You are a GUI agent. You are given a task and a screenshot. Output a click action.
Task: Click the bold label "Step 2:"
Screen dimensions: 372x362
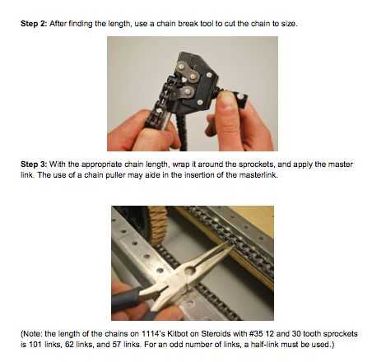(34, 24)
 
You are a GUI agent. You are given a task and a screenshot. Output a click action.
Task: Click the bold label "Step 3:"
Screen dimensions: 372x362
(34, 165)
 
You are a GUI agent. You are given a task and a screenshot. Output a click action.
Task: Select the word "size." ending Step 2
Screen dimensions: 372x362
(290, 24)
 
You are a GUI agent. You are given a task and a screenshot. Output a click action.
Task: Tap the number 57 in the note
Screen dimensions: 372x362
(116, 344)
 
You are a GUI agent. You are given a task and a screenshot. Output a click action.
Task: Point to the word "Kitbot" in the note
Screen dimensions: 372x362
(177, 334)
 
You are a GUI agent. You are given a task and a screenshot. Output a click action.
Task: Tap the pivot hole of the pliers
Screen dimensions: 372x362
(190, 271)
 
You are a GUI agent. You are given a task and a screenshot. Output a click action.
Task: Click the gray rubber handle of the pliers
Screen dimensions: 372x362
(126, 298)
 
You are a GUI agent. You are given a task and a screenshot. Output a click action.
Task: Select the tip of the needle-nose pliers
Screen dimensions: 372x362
(233, 245)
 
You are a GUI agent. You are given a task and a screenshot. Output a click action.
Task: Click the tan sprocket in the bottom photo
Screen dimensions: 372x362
(158, 225)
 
